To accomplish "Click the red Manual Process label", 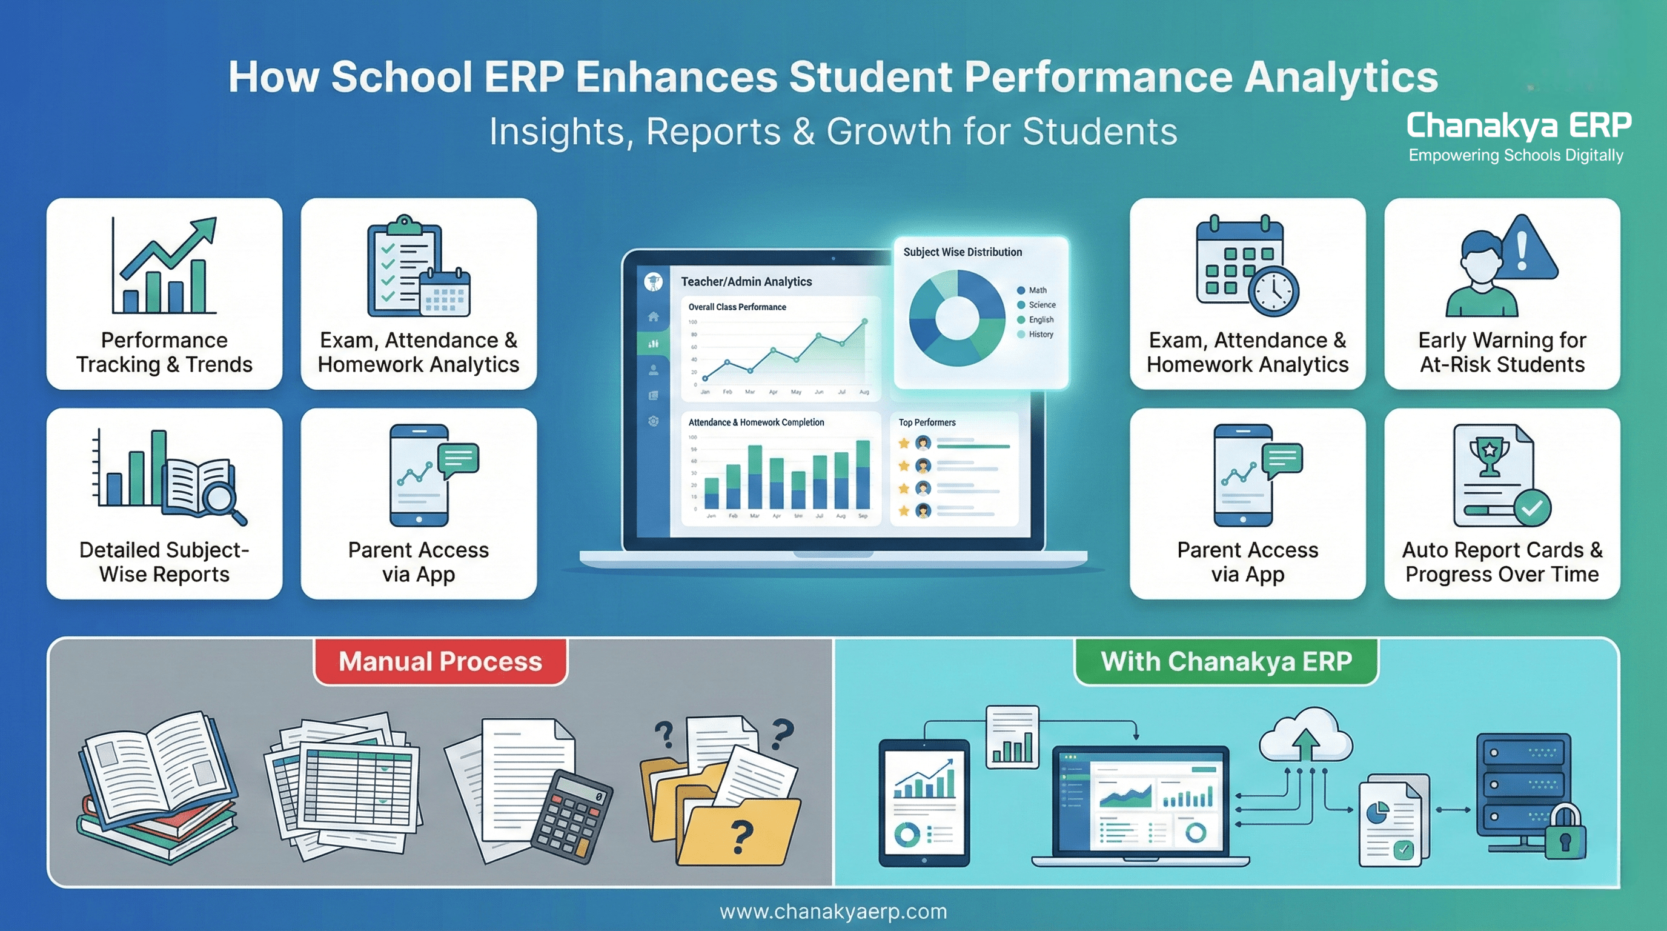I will tap(440, 662).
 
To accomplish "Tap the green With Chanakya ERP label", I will tap(1226, 662).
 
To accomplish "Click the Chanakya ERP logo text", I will tap(1518, 125).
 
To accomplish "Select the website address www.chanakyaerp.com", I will tap(833, 911).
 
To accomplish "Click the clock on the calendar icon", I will tap(1273, 291).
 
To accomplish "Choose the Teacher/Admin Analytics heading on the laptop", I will tap(746, 282).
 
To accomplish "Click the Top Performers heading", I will tap(927, 422).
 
